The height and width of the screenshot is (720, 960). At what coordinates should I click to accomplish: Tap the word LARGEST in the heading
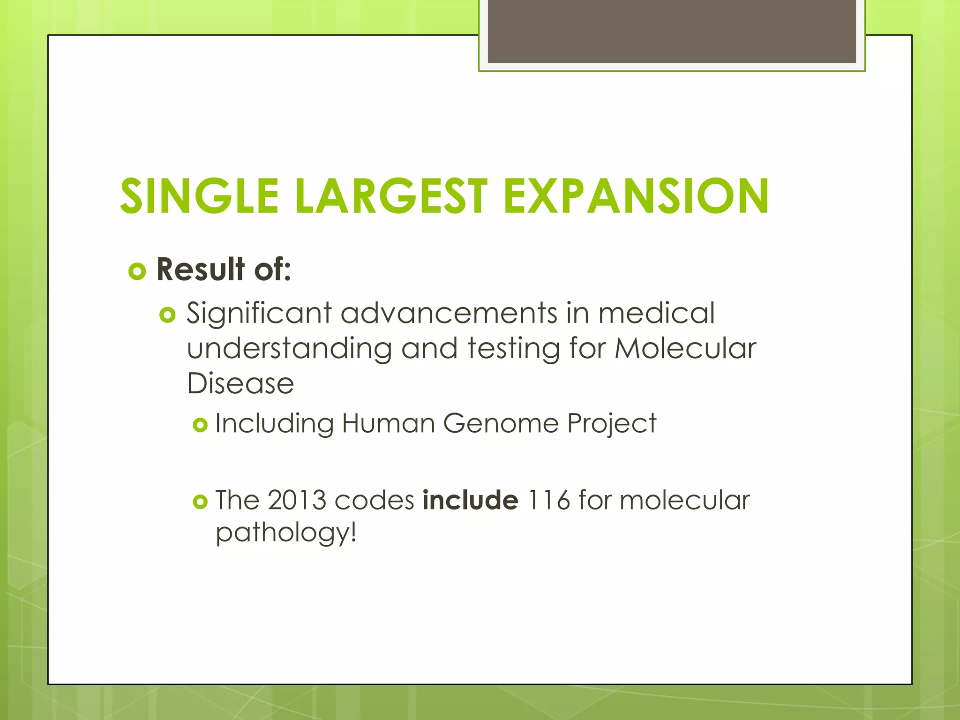391,196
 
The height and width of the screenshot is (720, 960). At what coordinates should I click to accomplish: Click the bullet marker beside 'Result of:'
137,271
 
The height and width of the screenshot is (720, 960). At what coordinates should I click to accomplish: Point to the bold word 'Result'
201,270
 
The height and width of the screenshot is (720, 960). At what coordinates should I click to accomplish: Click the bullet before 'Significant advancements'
167,315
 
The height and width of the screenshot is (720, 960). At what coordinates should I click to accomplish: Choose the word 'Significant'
259,314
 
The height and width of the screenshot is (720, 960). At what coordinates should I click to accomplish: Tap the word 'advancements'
449,313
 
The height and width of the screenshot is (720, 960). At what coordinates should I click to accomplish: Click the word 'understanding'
289,349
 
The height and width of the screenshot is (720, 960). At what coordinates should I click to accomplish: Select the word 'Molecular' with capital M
685,348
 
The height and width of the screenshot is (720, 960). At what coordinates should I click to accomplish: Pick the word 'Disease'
240,383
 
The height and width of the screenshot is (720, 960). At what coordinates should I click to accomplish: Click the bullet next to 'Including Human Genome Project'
200,425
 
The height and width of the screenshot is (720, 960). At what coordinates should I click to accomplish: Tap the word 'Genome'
501,423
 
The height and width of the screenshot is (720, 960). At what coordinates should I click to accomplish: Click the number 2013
297,500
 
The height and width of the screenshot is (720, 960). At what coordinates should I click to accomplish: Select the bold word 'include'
470,500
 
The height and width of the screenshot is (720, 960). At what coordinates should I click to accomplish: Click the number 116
548,500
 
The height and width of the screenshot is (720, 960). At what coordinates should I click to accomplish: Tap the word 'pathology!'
286,533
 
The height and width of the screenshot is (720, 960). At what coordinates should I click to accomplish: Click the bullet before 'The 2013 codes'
200,502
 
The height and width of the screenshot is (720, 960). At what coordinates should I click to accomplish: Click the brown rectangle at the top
672,31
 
